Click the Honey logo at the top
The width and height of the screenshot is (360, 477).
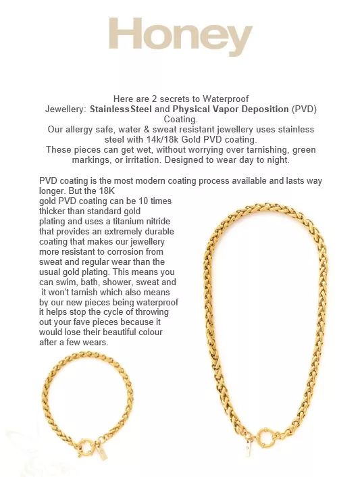click(180, 37)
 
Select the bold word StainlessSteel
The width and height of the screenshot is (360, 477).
click(121, 109)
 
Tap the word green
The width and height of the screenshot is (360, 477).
click(302, 149)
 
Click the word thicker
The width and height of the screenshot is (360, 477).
click(55, 211)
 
